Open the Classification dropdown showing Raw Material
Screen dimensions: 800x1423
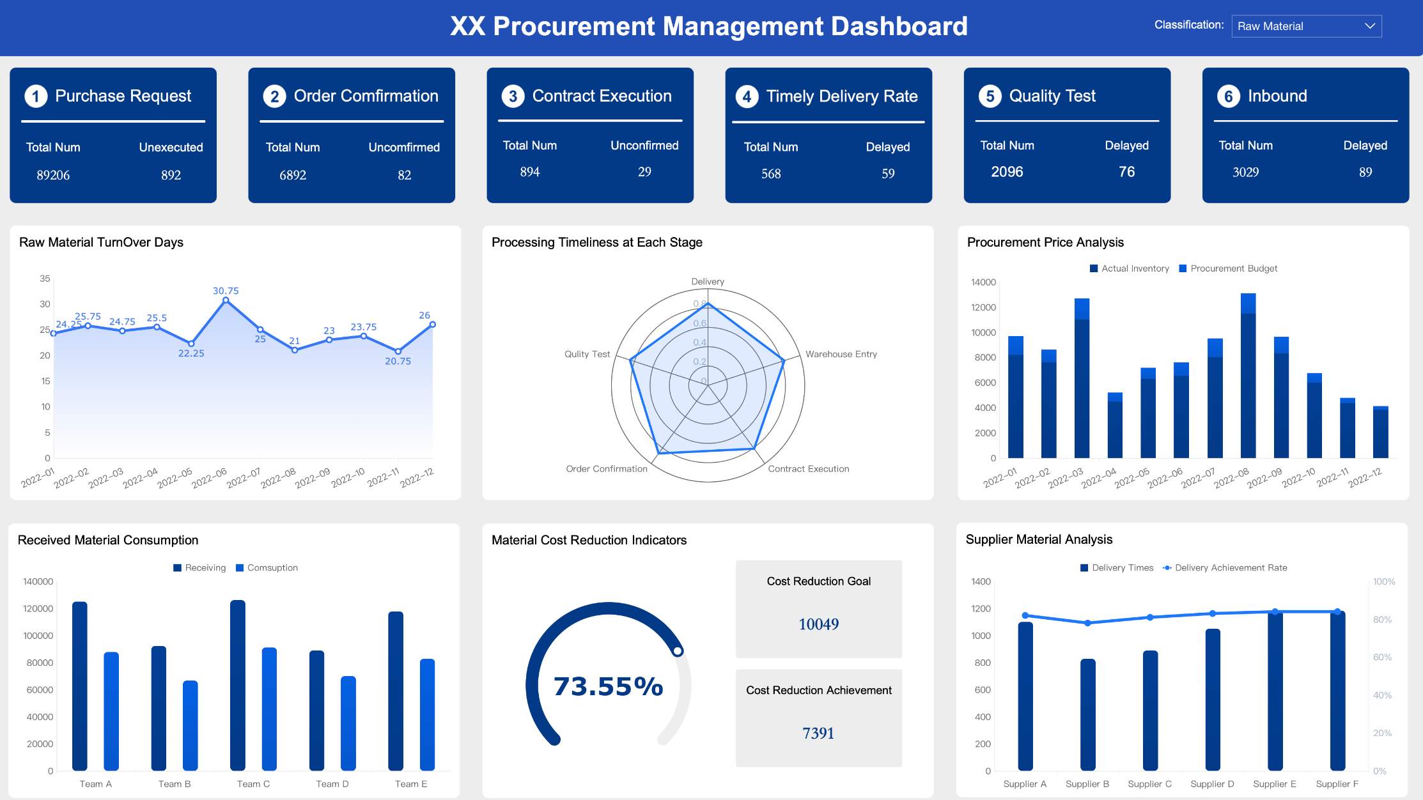(1306, 26)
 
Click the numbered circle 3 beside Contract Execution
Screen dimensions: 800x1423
(513, 96)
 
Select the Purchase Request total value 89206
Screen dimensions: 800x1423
(53, 175)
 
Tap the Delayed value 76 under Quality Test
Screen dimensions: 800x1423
(1126, 172)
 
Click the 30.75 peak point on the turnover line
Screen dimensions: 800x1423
(226, 300)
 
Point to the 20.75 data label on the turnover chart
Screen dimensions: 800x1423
(398, 361)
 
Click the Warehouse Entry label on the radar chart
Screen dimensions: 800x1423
(841, 354)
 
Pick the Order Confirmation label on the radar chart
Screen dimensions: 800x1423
(607, 469)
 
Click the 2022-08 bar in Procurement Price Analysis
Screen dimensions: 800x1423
(1248, 377)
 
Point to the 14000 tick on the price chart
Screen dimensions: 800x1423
(983, 282)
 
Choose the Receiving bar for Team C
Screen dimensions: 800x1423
(238, 685)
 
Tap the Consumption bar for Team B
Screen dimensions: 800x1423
(191, 725)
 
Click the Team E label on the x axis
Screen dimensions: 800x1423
(411, 784)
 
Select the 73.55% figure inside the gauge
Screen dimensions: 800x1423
(608, 686)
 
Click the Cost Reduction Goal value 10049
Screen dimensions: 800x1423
(818, 624)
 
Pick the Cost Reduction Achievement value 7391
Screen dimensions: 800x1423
(818, 733)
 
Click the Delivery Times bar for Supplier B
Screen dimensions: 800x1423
(1087, 714)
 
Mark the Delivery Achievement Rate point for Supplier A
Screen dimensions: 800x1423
(1025, 615)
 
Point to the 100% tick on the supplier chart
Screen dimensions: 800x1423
(1384, 581)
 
